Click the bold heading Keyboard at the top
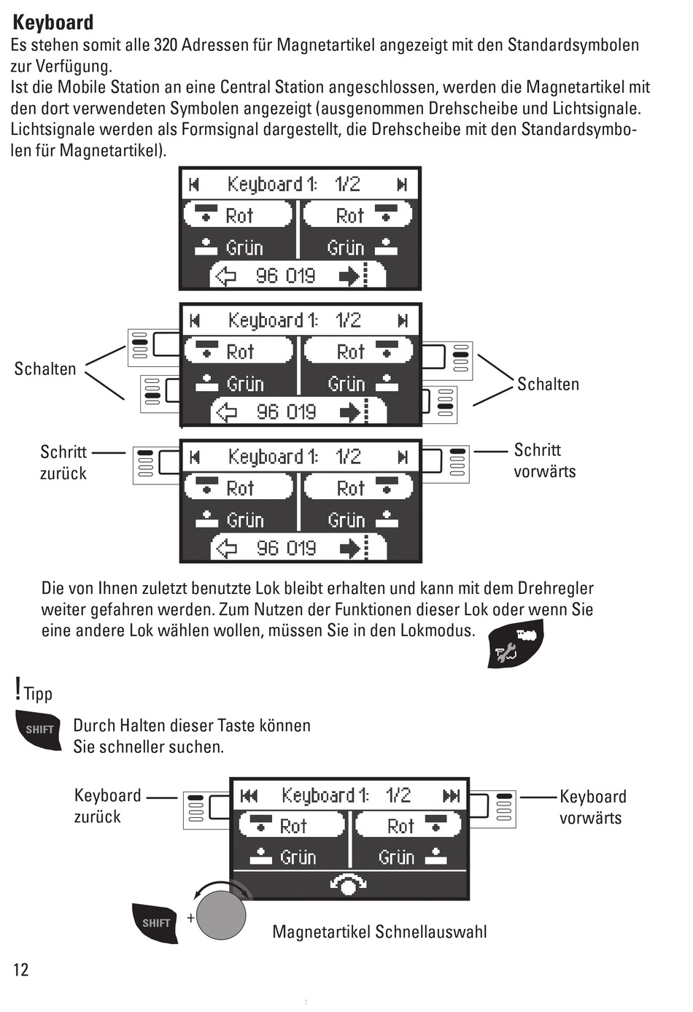coord(53,23)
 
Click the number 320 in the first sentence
coord(166,45)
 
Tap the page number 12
coord(20,970)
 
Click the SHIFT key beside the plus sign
coord(155,923)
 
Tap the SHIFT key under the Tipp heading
coord(39,730)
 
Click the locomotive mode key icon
coord(516,644)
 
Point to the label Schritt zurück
coord(63,463)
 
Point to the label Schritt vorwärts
coord(545,461)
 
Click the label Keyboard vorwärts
coord(593,807)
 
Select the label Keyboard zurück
coord(107,806)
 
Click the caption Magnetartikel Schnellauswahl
coord(379,932)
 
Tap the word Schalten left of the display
coord(45,368)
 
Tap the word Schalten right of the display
coord(548,384)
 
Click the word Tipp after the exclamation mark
coord(39,694)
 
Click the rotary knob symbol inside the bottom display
coord(348,884)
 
